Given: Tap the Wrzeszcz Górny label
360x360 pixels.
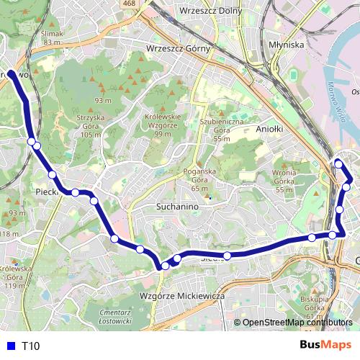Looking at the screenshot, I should pos(177,48).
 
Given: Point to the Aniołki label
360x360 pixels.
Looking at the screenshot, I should pos(271,129).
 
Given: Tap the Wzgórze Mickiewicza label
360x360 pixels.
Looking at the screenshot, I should pos(181,296).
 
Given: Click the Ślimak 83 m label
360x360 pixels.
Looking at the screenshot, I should pos(53,37).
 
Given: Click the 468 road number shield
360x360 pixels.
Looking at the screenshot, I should pos(129,4).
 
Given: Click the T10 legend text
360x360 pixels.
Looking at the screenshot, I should pos(30,346).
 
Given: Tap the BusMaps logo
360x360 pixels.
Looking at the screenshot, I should pos(325,346).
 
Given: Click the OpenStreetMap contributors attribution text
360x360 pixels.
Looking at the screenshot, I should pos(297,323).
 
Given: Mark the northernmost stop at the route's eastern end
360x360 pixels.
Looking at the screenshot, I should pos(338,164).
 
